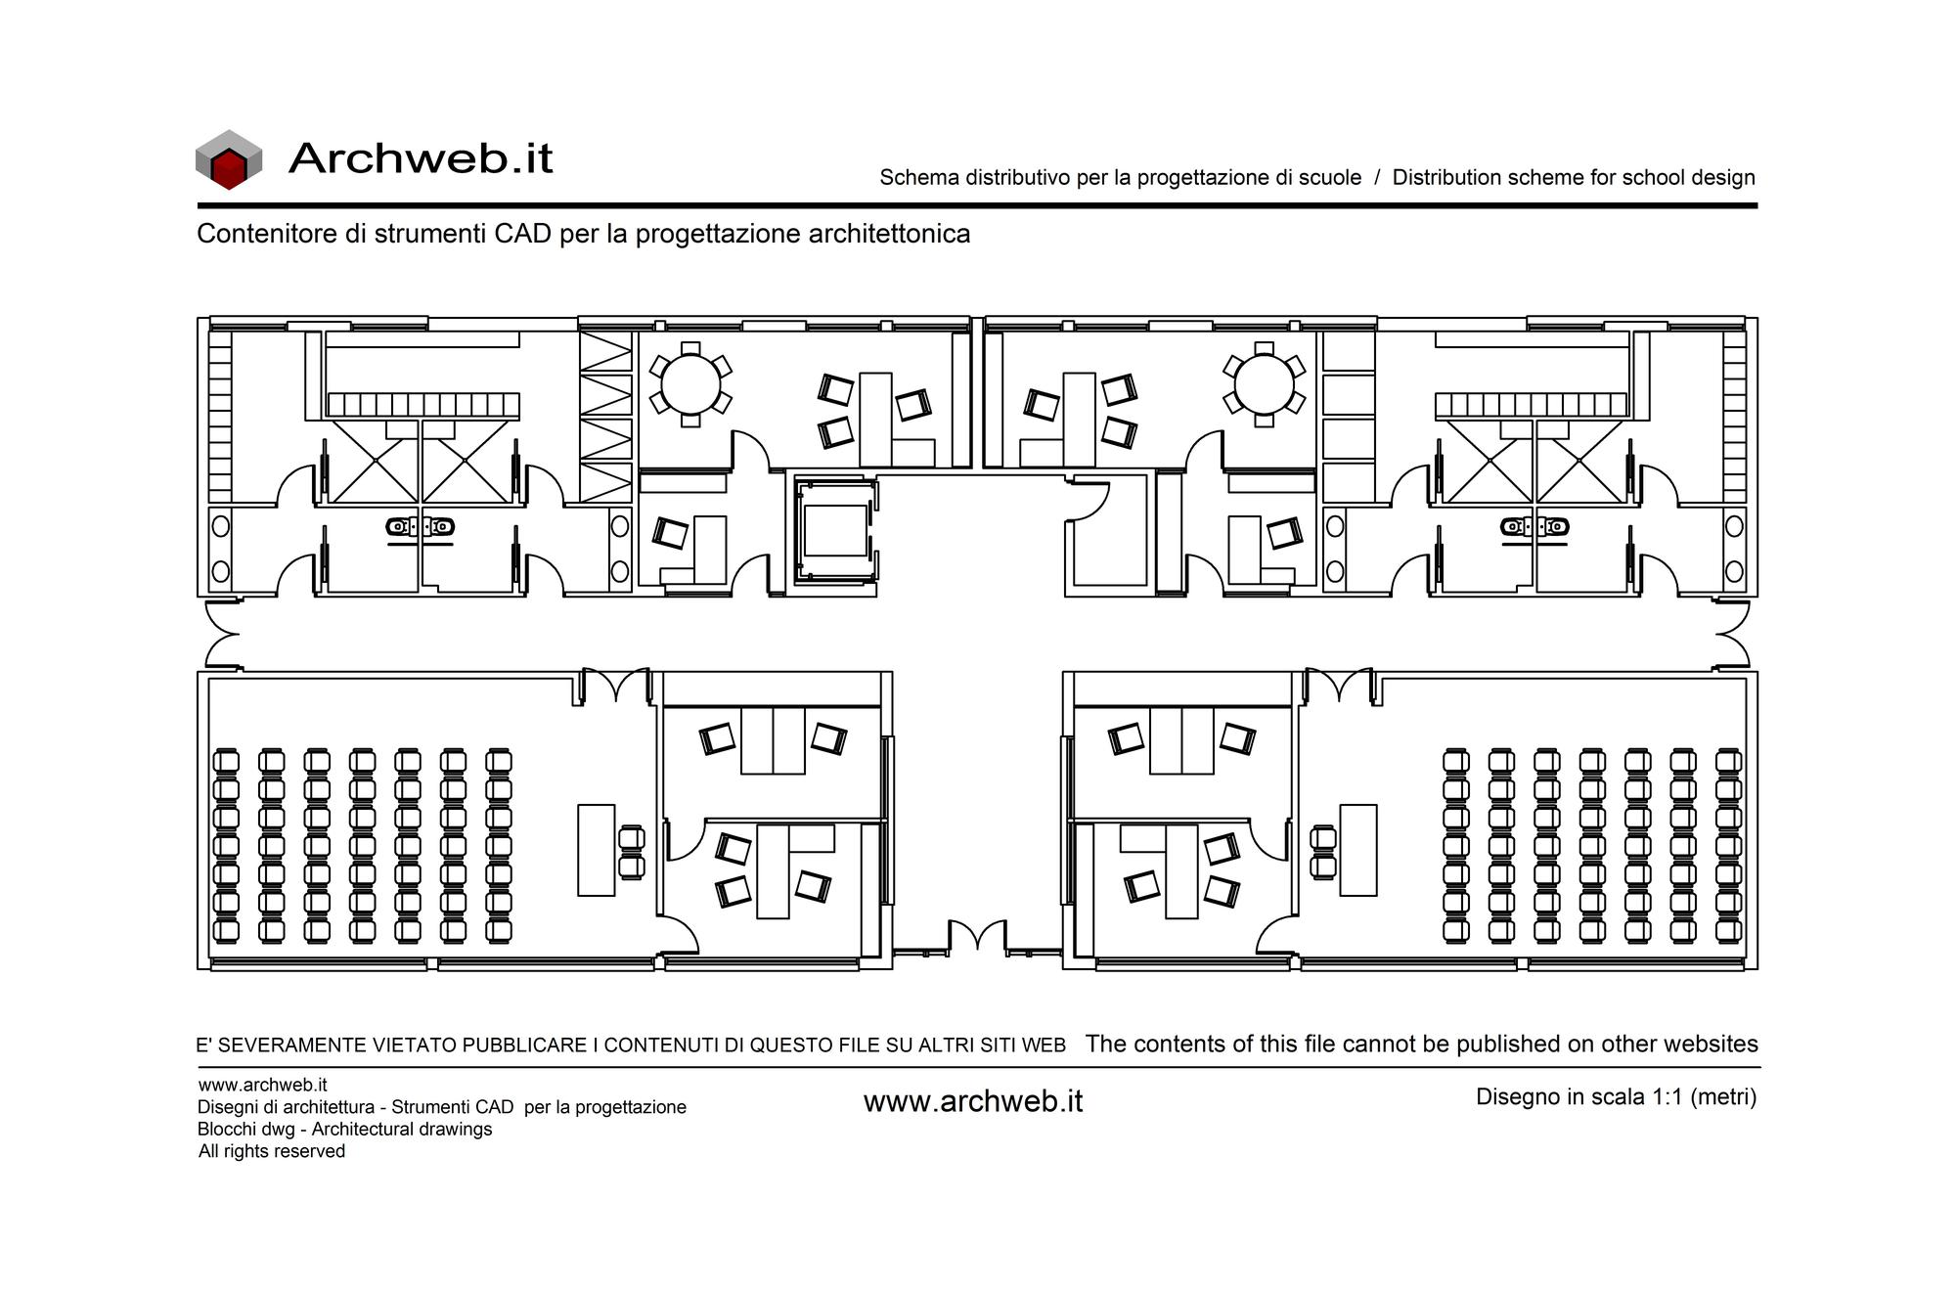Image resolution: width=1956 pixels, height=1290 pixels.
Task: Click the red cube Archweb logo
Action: (229, 159)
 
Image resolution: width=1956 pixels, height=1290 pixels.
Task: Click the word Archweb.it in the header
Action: (422, 157)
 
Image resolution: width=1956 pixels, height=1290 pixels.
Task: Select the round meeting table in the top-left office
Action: (690, 384)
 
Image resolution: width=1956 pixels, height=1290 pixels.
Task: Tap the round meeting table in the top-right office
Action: (1264, 384)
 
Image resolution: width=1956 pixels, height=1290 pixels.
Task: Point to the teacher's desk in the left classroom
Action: (597, 850)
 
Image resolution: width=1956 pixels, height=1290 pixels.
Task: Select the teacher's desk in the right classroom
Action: (1357, 850)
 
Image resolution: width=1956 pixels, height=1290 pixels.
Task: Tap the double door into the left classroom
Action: (616, 685)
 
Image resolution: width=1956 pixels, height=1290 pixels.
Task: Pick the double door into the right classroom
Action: (1339, 685)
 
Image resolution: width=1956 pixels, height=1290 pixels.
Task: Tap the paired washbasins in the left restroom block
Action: (421, 527)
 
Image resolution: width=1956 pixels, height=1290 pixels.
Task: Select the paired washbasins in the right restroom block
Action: (1534, 527)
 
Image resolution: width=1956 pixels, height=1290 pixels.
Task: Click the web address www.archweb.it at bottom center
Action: (973, 1101)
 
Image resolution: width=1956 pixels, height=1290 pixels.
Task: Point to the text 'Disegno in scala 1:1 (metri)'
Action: (1616, 1097)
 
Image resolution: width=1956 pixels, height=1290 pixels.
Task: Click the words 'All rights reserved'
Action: (272, 1151)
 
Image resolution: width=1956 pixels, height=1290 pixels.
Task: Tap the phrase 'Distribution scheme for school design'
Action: (1574, 178)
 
